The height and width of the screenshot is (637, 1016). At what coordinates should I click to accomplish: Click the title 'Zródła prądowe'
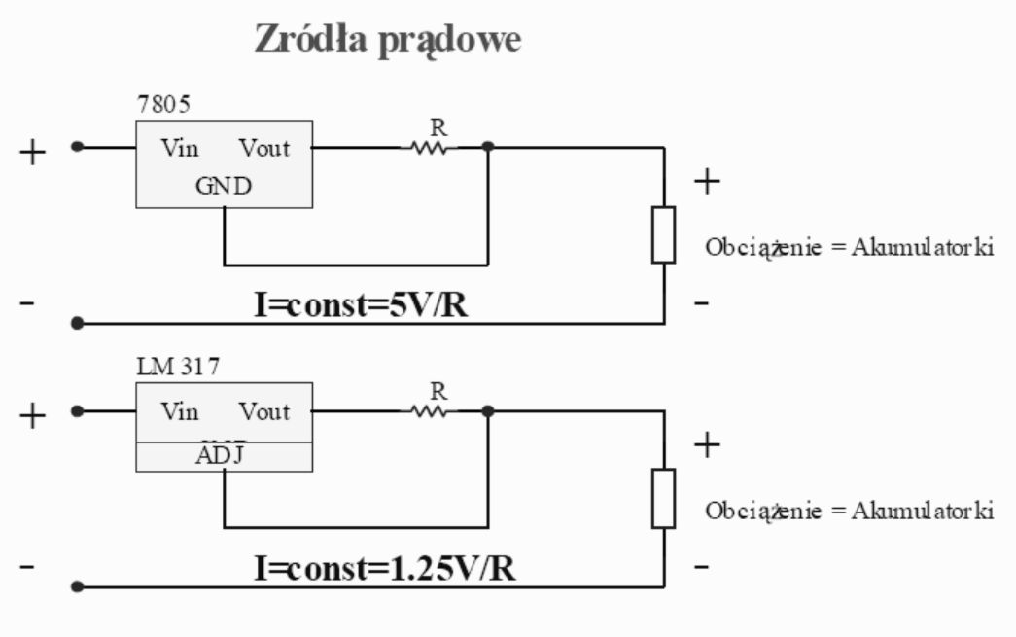pos(388,40)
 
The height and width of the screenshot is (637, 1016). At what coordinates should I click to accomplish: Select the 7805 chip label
pos(164,104)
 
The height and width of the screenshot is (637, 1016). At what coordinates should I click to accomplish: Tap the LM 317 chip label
pos(178,367)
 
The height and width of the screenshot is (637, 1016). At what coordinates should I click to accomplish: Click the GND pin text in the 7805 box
pos(224,186)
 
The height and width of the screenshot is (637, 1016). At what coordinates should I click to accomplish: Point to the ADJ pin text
pos(221,455)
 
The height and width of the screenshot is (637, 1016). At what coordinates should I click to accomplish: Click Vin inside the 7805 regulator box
pos(180,148)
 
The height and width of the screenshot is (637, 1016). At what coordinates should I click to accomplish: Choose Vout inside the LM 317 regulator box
pos(264,411)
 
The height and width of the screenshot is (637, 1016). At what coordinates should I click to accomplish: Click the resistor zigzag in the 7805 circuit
pos(429,149)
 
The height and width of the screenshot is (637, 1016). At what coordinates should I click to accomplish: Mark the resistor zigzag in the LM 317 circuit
pos(429,411)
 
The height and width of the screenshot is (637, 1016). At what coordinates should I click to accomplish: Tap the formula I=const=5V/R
pos(361,304)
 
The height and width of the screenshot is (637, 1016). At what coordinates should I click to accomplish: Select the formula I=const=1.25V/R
pos(385,568)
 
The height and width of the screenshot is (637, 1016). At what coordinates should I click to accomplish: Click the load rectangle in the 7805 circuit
pos(663,234)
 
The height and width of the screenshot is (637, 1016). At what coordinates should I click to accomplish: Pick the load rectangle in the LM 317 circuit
pos(663,498)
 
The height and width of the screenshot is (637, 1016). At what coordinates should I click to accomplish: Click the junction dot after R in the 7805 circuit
pos(488,147)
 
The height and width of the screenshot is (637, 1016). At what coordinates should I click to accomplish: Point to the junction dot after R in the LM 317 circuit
pos(488,410)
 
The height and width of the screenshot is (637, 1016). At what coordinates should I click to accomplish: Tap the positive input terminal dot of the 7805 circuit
pos(77,147)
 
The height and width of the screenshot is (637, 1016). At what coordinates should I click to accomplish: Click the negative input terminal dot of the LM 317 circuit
pos(77,586)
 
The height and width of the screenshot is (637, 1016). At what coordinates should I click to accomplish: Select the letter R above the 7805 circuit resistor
pos(438,127)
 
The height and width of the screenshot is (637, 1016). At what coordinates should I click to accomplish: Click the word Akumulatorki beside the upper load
pos(923,247)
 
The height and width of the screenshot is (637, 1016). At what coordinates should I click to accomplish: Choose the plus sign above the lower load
pos(707,444)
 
